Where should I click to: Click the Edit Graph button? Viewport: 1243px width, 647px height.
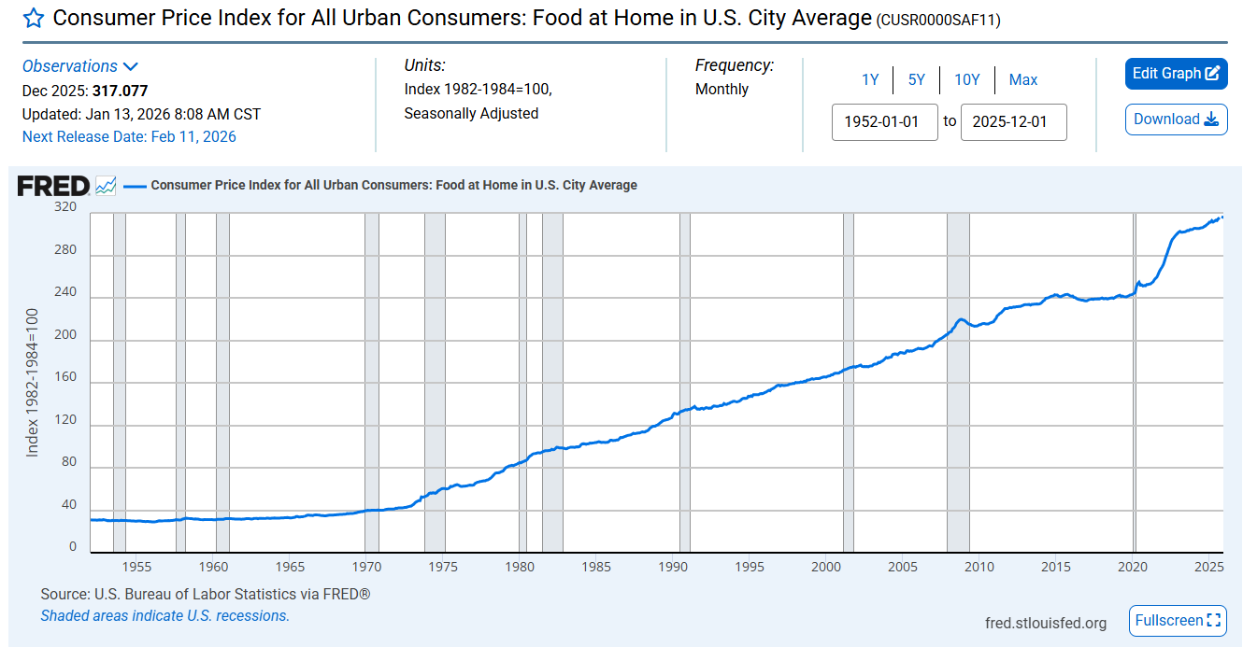click(1176, 74)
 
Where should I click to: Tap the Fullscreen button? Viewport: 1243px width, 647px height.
click(1178, 620)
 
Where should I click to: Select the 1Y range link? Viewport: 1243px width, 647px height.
click(870, 80)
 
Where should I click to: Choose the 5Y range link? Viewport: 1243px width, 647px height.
click(916, 80)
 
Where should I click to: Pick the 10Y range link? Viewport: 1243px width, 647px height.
click(966, 80)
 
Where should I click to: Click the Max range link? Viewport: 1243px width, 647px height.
click(1022, 80)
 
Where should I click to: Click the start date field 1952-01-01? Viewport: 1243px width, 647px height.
click(884, 122)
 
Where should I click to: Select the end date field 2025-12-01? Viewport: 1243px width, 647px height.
click(1013, 122)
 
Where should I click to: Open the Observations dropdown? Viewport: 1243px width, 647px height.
click(80, 66)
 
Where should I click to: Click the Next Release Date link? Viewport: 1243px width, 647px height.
click(129, 137)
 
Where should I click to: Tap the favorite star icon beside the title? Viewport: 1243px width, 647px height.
click(33, 19)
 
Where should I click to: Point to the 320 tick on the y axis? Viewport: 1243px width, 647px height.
click(64, 207)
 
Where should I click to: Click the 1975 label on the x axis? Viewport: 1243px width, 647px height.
click(443, 567)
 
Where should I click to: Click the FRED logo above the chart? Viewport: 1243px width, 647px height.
click(54, 186)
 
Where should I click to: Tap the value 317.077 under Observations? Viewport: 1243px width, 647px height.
click(120, 91)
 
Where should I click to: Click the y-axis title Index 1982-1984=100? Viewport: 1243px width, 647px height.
click(33, 382)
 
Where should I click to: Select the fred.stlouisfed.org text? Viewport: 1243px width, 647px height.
click(1045, 623)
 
